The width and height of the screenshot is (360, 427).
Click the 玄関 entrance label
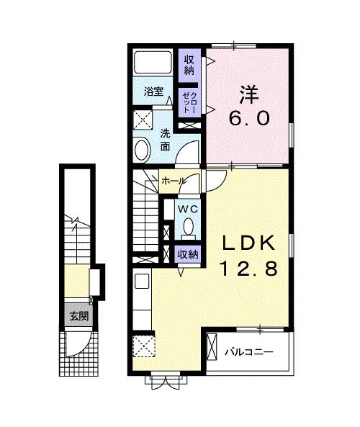[78, 316]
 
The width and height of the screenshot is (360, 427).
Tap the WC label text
[187, 209]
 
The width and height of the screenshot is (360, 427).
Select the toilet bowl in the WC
[188, 227]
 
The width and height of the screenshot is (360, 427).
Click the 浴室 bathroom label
[153, 91]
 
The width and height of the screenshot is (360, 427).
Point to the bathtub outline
[153, 61]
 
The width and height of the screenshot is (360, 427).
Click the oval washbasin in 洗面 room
[142, 150]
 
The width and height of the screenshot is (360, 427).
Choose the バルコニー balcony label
[248, 352]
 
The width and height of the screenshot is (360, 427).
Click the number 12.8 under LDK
[249, 269]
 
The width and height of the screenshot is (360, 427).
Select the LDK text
[248, 243]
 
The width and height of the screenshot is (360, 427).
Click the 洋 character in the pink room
[249, 94]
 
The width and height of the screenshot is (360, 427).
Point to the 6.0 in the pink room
[249, 118]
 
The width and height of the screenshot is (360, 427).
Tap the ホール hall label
[174, 181]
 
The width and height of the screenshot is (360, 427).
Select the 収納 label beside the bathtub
[189, 65]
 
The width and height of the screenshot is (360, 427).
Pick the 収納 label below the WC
[188, 255]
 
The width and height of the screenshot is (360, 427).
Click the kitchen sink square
[142, 282]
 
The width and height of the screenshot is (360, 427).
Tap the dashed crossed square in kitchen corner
[144, 346]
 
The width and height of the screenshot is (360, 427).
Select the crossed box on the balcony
[212, 346]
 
